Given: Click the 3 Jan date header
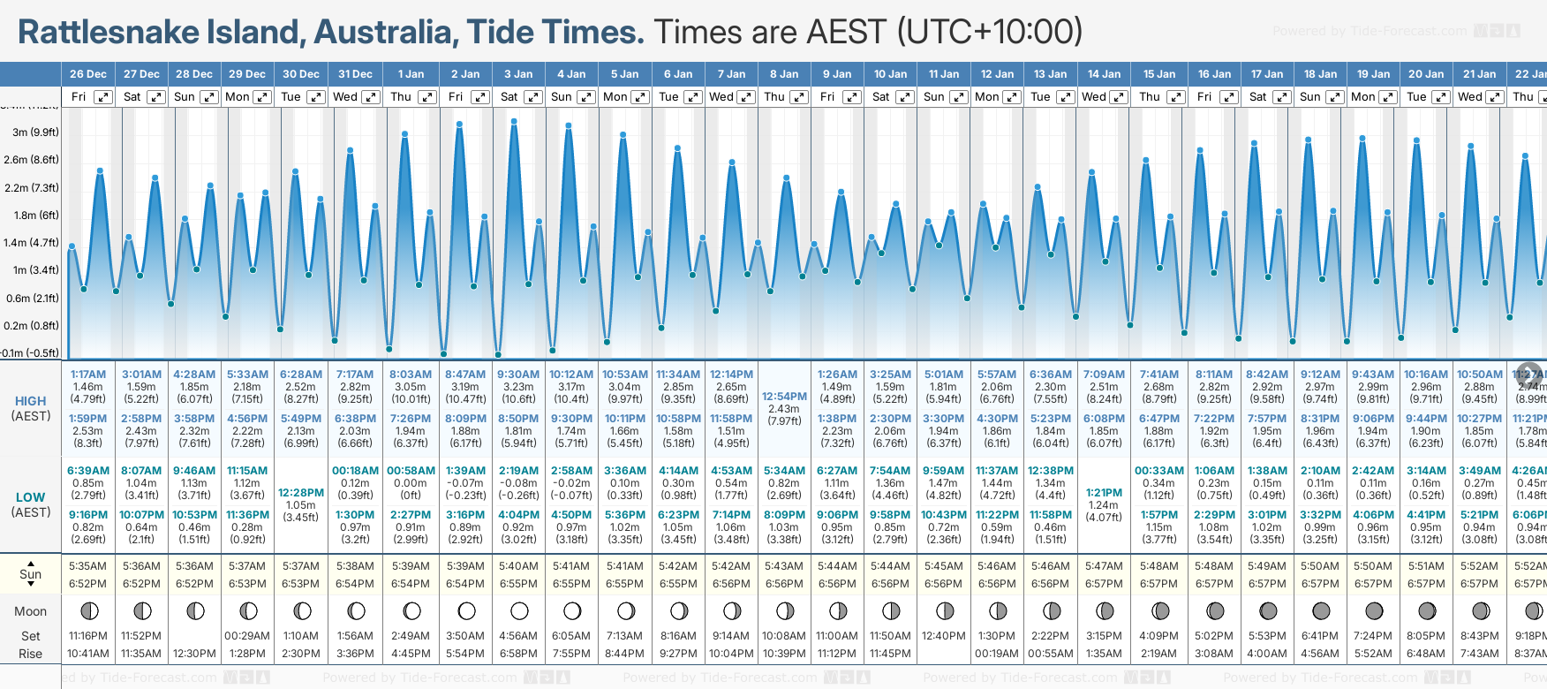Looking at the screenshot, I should (x=518, y=74).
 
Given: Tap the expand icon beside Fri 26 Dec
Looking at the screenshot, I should (x=103, y=97).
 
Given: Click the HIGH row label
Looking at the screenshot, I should (x=30, y=401).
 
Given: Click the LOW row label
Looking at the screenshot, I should (x=30, y=497).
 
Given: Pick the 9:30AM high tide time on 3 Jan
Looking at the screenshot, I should (x=518, y=375).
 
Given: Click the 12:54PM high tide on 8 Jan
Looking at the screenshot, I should (x=784, y=397).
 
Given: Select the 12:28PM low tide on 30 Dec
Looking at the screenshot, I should (x=301, y=493).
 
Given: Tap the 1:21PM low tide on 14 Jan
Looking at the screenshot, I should (x=1104, y=493).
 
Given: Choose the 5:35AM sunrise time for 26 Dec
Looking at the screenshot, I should (x=87, y=566).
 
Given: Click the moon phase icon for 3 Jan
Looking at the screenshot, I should (x=519, y=610).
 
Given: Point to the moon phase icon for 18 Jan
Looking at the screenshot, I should (x=1321, y=610).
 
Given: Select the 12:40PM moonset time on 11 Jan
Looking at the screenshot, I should (x=943, y=636).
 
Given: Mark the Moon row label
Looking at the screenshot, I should (x=30, y=611).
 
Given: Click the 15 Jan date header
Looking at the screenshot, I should (x=1158, y=74).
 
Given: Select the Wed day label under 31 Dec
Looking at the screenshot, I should (x=345, y=97).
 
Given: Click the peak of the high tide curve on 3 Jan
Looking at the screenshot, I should (x=514, y=121).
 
